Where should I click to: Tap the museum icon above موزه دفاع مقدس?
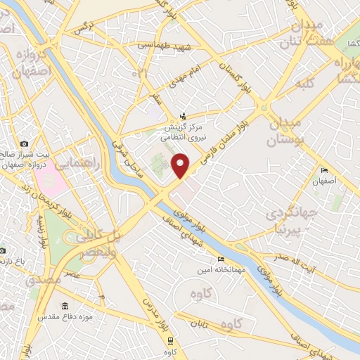[x=65, y=307]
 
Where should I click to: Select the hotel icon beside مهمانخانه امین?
[x=202, y=260]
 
